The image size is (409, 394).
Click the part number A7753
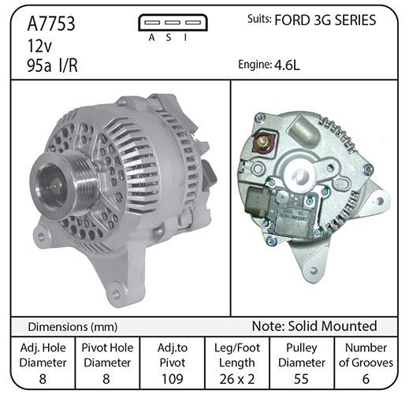pyautogui.click(x=51, y=24)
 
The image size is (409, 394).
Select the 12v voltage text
pyautogui.click(x=39, y=46)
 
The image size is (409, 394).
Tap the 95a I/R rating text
pyautogui.click(x=52, y=65)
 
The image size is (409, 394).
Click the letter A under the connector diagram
pyautogui.click(x=151, y=38)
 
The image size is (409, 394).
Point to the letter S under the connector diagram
pyautogui.click(x=169, y=38)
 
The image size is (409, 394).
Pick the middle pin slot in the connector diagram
pyautogui.click(x=173, y=23)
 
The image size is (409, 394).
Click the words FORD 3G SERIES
pyautogui.click(x=325, y=20)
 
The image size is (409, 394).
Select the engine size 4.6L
pyautogui.click(x=287, y=65)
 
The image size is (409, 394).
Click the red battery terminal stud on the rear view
pyautogui.click(x=263, y=142)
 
